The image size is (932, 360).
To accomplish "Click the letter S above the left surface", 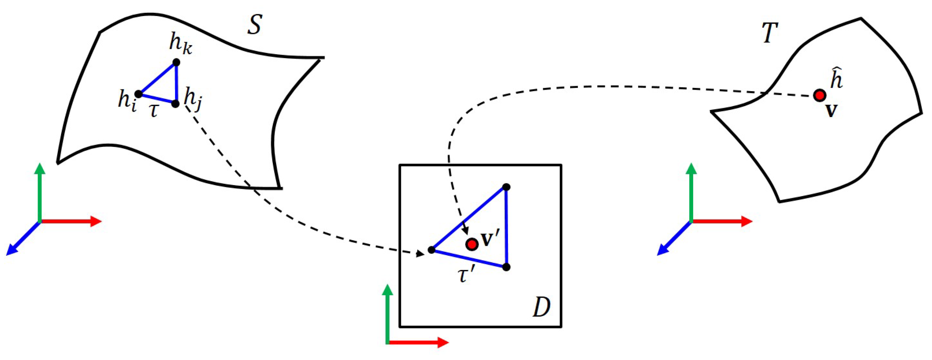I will click(254, 25).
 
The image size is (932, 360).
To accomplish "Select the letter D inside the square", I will click(542, 308).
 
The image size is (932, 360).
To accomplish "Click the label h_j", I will click(193, 100).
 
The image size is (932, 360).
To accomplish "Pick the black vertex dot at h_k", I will click(176, 62).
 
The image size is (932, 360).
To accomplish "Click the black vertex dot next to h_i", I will click(138, 94).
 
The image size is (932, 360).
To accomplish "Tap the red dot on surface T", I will click(820, 95).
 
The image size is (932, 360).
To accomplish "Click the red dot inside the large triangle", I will click(472, 244).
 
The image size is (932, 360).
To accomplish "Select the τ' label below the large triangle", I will click(465, 276).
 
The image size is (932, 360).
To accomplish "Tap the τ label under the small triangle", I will click(154, 111).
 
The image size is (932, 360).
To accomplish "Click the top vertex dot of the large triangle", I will click(506, 187).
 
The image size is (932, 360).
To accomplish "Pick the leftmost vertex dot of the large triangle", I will click(431, 250).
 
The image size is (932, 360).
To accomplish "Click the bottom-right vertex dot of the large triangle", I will click(506, 267).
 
